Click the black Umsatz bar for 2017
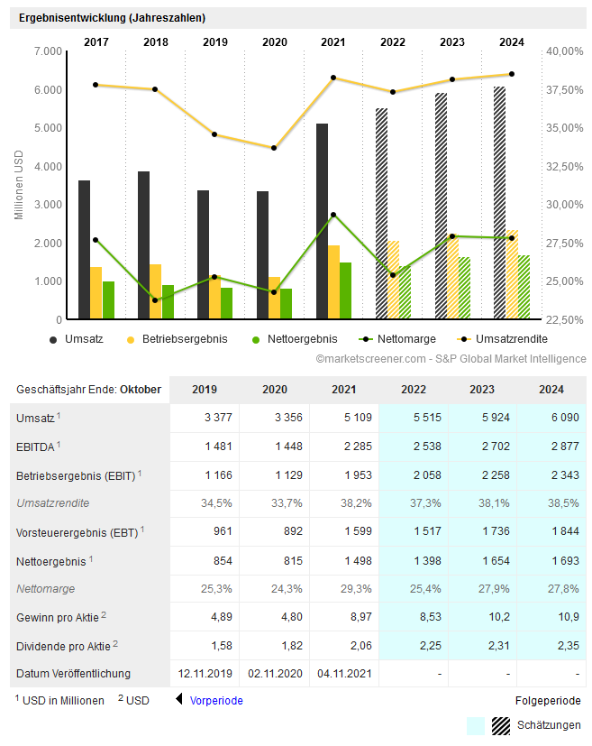[84, 250]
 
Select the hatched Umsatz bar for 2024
[499, 203]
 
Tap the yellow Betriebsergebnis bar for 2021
[333, 281]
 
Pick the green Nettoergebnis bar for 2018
[168, 302]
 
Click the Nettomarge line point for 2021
[333, 215]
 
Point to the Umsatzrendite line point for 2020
[274, 148]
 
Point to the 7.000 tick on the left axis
[47, 51]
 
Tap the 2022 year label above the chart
[393, 41]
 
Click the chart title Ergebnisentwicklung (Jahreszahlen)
[112, 18]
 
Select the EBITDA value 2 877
[551, 447]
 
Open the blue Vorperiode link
[216, 700]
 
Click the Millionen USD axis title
[19, 185]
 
